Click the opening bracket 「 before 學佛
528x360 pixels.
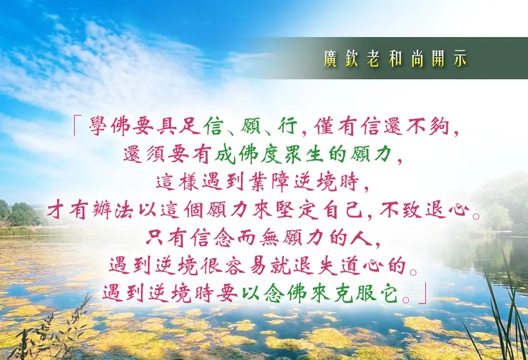click(77, 128)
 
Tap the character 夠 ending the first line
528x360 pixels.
click(442, 128)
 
